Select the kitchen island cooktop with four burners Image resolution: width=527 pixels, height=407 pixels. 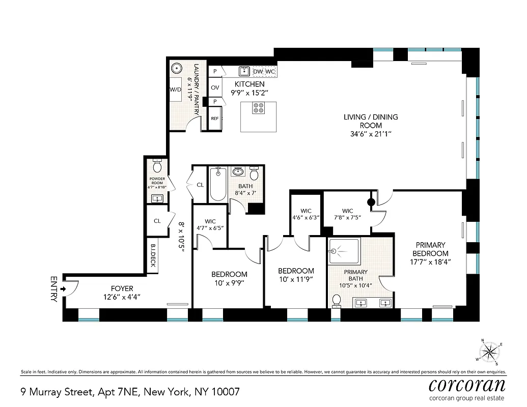(259, 108)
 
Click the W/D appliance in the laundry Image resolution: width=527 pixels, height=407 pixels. (176, 90)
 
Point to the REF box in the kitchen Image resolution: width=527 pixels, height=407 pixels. (215, 119)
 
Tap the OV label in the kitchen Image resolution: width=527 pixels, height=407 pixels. (215, 88)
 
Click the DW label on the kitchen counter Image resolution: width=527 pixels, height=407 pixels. (258, 71)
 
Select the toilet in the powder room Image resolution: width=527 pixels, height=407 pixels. (157, 166)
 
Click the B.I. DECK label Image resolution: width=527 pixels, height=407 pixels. (152, 255)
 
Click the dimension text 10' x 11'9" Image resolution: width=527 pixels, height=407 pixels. (296, 279)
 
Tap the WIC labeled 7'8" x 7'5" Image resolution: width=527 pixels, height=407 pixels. (348, 214)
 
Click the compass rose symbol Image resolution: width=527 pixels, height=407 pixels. (489, 351)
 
